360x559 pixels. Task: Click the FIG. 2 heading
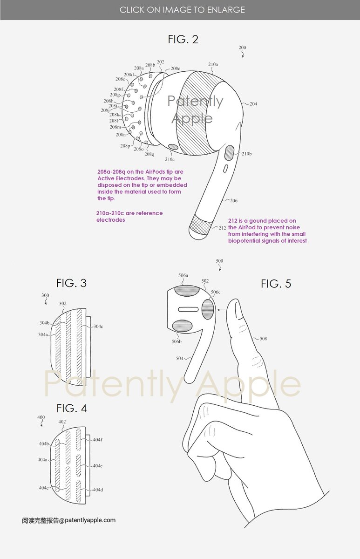pos(183,40)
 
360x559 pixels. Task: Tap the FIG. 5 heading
pos(276,283)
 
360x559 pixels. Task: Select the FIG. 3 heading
pos(71,283)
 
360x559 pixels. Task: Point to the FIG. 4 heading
pos(71,409)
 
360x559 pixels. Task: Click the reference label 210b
pos(246,154)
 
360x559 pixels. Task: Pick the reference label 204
pos(253,104)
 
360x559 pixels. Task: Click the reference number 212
pos(222,228)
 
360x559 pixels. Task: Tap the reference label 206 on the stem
pos(233,201)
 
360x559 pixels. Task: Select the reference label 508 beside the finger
pos(263,339)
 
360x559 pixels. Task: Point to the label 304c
pos(98,327)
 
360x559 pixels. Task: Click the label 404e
pos(97,466)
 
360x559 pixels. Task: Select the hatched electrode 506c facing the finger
pos(208,309)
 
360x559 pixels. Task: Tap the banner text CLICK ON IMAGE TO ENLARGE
pos(182,10)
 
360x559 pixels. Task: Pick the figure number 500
pos(219,261)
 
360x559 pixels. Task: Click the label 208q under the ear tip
pos(149,154)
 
